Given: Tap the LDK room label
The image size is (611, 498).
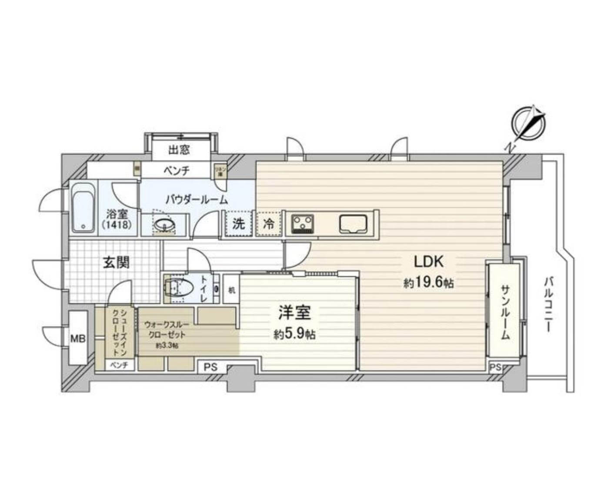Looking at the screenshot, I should (x=428, y=262).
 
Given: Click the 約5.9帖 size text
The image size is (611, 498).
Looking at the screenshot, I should (x=294, y=334).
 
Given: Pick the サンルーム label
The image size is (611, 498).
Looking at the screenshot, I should (x=504, y=312).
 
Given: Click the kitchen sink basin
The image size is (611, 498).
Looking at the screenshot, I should (x=353, y=225).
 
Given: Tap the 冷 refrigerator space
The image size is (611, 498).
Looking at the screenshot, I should (x=268, y=224).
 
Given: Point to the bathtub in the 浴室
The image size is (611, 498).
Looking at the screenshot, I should (x=84, y=208).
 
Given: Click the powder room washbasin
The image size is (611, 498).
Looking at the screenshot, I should (x=164, y=224).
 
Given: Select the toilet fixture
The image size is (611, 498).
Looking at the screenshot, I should (x=179, y=288).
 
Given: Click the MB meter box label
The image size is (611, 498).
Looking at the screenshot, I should (x=78, y=338).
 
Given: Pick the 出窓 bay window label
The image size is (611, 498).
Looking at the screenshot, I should (x=179, y=150).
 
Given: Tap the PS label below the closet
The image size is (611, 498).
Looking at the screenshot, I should (x=210, y=367).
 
